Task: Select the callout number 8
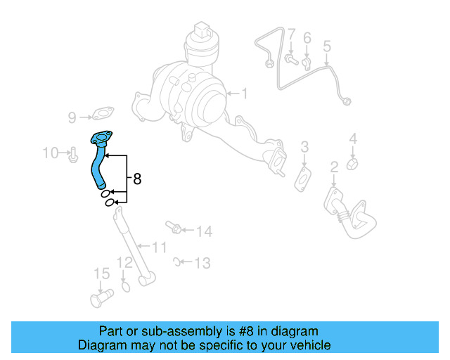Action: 136,179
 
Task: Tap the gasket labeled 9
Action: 103,112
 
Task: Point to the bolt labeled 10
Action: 72,153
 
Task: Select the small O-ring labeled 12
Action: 126,286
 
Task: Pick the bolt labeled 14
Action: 174,227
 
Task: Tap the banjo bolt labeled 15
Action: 101,299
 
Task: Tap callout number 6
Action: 307,37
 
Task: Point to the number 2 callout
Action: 334,167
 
